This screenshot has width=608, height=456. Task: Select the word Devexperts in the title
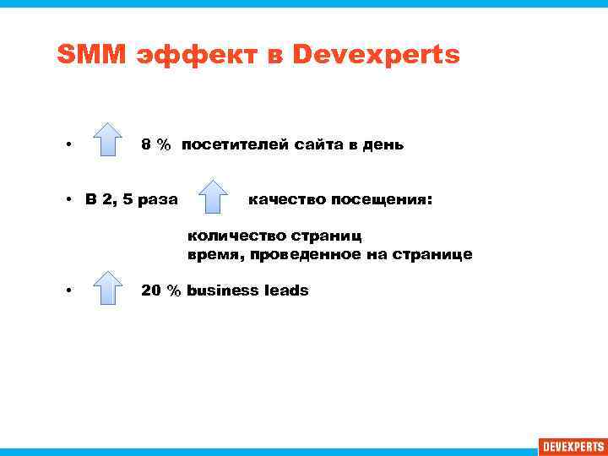click(x=376, y=55)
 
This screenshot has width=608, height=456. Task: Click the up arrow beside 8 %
click(x=107, y=140)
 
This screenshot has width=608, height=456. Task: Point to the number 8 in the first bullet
click(x=146, y=145)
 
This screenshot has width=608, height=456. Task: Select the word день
click(x=383, y=145)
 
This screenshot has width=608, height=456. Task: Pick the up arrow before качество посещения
click(x=214, y=197)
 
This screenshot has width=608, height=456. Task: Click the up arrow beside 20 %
click(x=107, y=287)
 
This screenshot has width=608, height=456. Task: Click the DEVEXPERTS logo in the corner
click(x=572, y=446)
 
